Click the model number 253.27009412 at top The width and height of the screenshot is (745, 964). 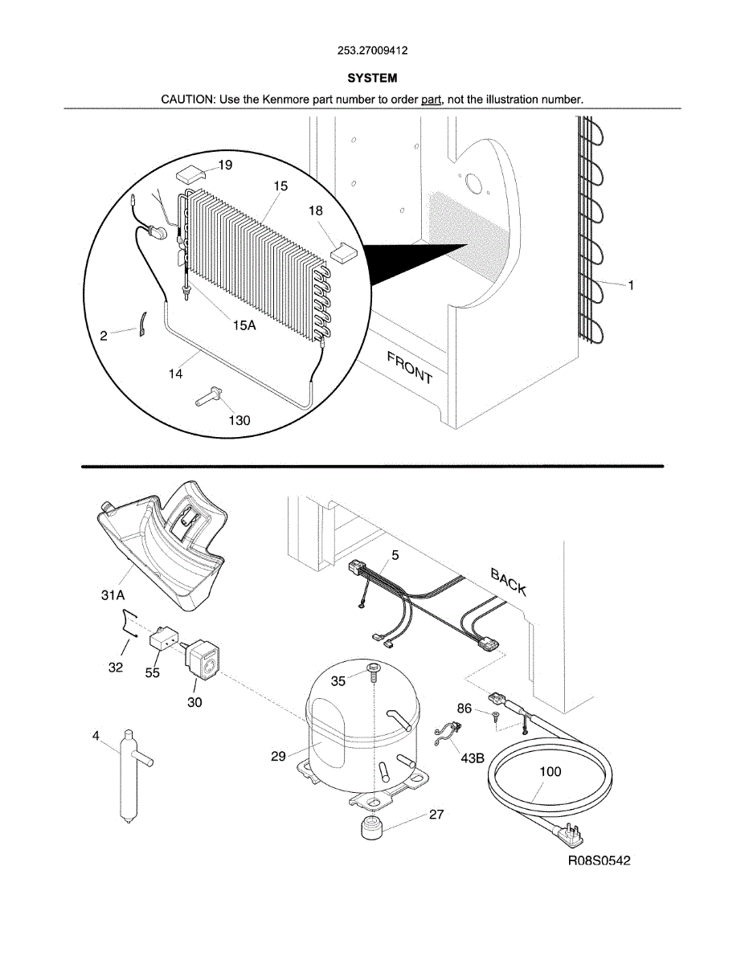[x=372, y=51]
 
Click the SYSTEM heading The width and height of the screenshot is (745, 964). [x=372, y=79]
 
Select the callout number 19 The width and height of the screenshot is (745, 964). [x=225, y=165]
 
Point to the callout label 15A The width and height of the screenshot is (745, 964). [x=244, y=325]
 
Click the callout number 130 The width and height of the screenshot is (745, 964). [x=239, y=420]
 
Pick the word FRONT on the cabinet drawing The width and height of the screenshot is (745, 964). [x=410, y=368]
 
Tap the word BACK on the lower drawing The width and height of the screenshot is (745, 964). [x=509, y=582]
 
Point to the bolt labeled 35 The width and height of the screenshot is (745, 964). [x=374, y=674]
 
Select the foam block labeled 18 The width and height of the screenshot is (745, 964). [x=344, y=251]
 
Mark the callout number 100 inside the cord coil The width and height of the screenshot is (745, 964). [x=551, y=771]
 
